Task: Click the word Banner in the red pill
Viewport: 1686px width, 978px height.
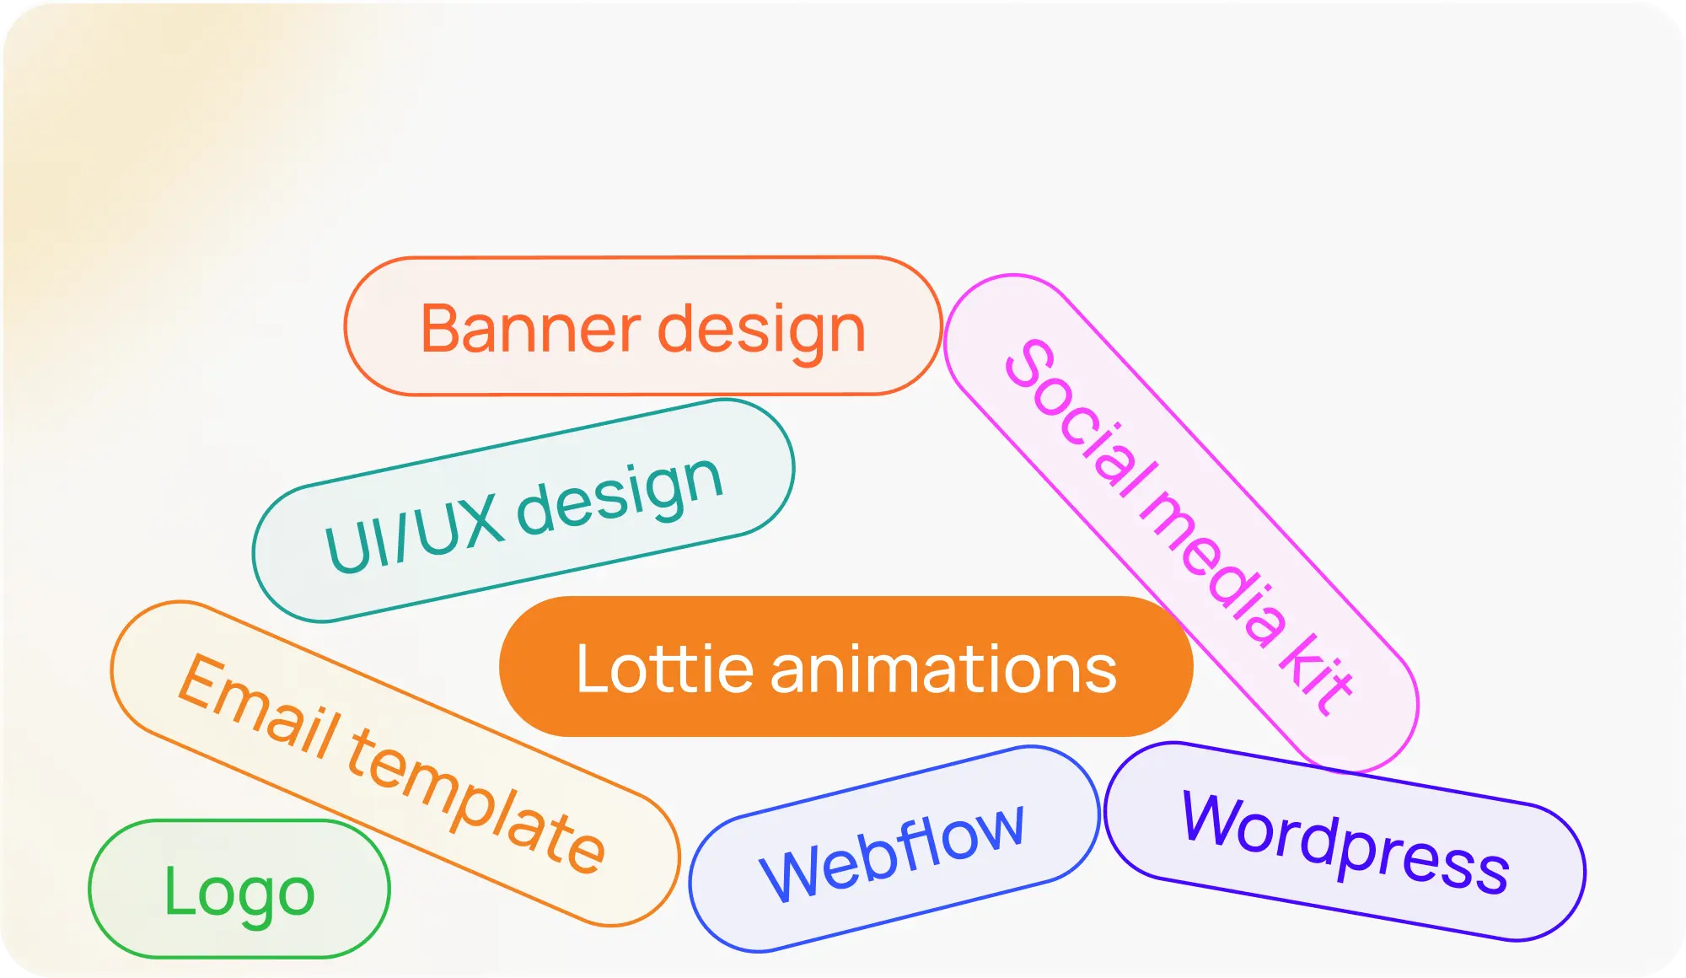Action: [x=531, y=329]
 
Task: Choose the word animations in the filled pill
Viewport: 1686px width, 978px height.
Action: [x=943, y=669]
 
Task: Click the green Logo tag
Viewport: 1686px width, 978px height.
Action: [x=239, y=890]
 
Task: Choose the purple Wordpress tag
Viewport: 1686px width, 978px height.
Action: [x=1345, y=843]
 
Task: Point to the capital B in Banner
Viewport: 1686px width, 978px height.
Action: [x=442, y=329]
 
